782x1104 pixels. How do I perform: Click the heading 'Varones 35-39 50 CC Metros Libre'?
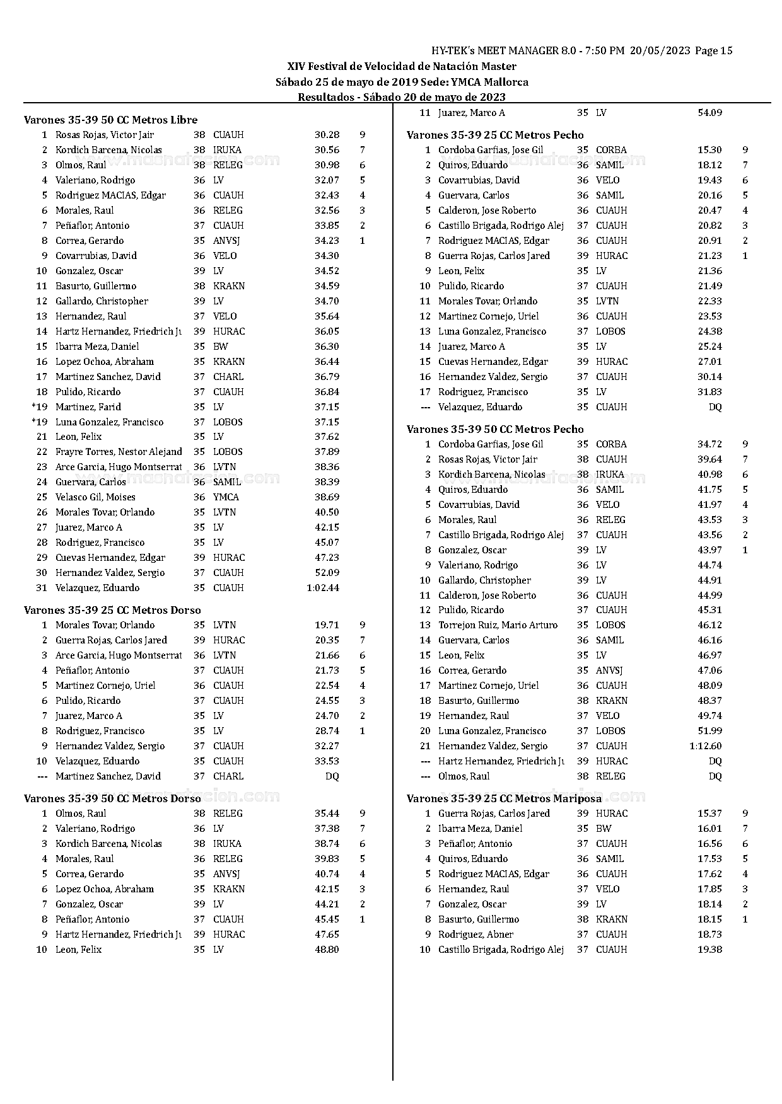coord(111,120)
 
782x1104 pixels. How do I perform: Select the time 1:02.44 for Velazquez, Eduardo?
coord(323,588)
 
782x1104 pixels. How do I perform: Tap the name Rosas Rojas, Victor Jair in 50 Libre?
coord(105,135)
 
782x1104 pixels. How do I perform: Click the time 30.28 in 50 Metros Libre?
coord(327,135)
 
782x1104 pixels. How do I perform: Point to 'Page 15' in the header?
coord(714,51)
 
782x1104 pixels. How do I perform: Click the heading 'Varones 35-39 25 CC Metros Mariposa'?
coord(495,798)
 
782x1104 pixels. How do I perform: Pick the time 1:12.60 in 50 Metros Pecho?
coord(706,746)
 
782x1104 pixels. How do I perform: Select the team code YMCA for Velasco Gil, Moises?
coord(226,497)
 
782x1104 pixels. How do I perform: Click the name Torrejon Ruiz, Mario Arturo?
coord(498,625)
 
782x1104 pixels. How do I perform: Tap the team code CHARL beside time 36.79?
coord(228,377)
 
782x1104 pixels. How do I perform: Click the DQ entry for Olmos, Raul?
coord(715,776)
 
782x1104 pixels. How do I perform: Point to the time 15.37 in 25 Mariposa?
coord(709,814)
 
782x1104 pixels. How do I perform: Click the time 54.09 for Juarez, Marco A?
coord(709,113)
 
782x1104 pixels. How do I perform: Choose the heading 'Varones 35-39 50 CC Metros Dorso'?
coord(113,798)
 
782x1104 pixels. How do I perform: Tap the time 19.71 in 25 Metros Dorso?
coord(327,625)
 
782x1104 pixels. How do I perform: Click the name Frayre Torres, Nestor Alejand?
coord(119,452)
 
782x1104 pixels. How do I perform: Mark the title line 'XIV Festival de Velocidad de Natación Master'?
coord(402,67)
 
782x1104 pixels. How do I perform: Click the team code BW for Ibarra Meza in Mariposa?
coord(604,829)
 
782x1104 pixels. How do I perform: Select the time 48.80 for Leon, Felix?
coord(327,950)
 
